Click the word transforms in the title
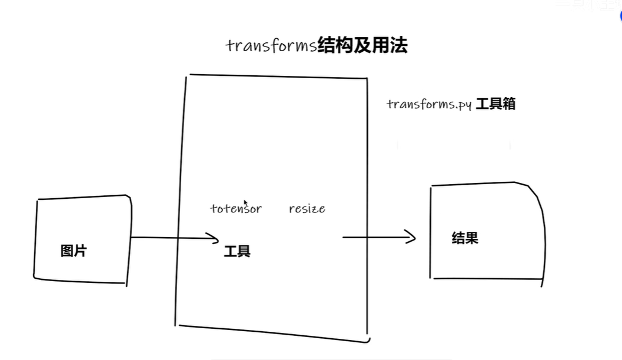271,46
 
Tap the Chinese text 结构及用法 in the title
362,45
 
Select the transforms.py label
429,105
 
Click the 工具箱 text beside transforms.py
495,104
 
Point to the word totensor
236,208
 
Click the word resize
307,208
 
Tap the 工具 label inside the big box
237,252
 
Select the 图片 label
74,251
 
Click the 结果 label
464,238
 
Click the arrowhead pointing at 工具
214,238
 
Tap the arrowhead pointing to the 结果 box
411,238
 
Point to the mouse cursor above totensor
245,202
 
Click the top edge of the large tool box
277,76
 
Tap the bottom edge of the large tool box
271,334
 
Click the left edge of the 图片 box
35,238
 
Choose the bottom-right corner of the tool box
367,339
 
